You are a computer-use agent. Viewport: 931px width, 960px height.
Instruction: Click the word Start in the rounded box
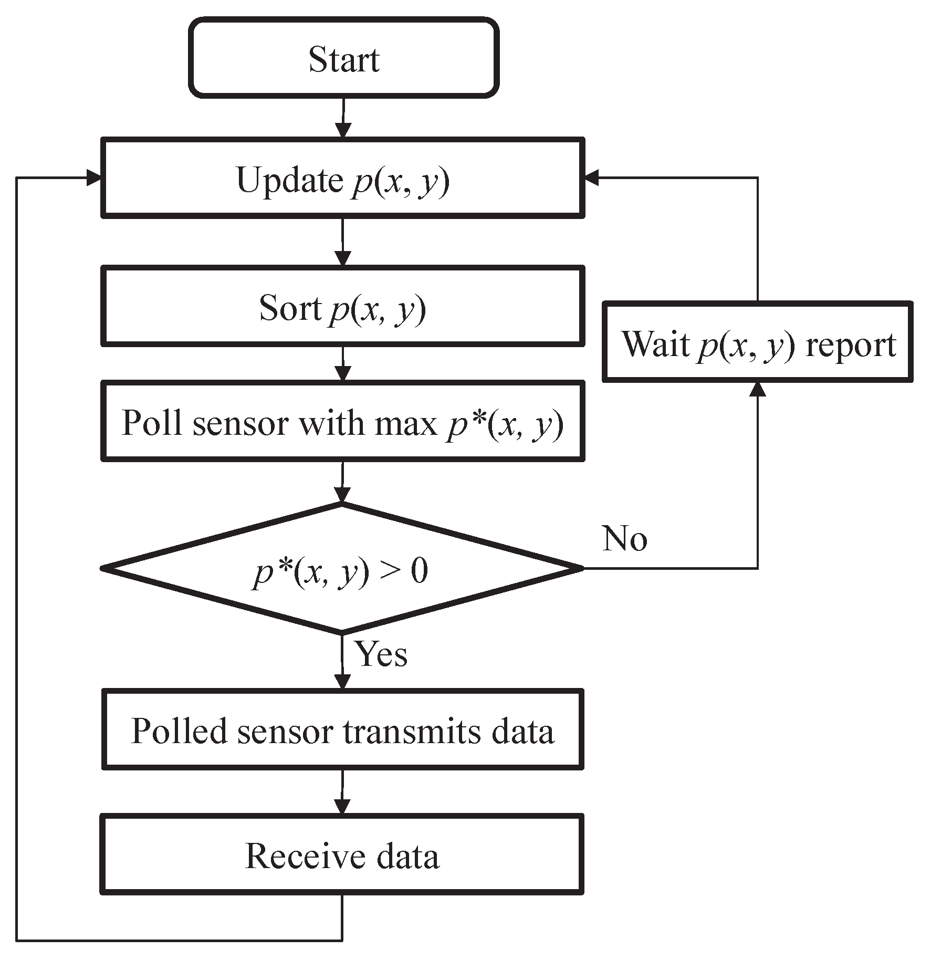(x=343, y=59)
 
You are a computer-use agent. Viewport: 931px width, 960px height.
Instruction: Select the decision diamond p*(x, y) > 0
(x=342, y=568)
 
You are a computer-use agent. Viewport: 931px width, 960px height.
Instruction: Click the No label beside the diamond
(x=624, y=539)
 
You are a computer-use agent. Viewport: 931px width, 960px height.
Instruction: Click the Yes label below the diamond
(x=382, y=654)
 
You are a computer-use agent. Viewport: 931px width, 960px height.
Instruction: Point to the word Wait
(x=655, y=344)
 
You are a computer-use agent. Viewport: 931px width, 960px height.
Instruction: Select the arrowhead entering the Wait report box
(x=757, y=389)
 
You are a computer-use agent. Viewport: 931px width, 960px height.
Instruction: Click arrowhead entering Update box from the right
(x=592, y=178)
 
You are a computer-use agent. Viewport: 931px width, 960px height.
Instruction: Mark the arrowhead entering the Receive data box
(x=342, y=807)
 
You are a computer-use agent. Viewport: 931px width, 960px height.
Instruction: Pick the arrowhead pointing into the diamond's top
(x=342, y=495)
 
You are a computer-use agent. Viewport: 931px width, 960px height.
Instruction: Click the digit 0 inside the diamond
(x=419, y=571)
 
